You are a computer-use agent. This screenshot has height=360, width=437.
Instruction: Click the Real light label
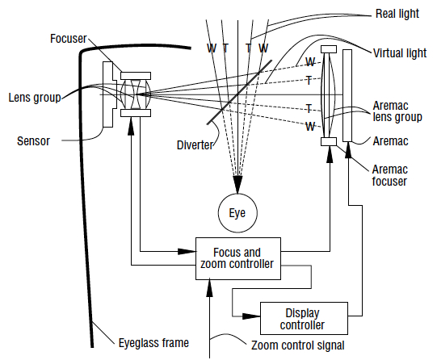pyautogui.click(x=397, y=14)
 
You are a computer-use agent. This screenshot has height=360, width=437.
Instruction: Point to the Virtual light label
pyautogui.click(x=400, y=53)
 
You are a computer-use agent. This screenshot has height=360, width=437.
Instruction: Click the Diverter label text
pyautogui.click(x=195, y=145)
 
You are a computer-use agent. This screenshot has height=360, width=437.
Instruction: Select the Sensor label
pyautogui.click(x=33, y=141)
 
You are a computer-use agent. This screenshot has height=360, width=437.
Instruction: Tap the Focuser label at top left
pyautogui.click(x=69, y=39)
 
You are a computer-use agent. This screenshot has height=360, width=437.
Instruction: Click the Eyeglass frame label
pyautogui.click(x=153, y=343)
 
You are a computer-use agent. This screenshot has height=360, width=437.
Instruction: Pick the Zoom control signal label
pyautogui.click(x=297, y=345)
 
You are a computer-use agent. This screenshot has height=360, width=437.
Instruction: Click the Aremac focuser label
pyautogui.click(x=389, y=175)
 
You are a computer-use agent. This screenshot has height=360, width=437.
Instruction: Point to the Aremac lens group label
pyautogui.click(x=397, y=111)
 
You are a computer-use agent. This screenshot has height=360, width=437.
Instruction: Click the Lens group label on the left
pyautogui.click(x=35, y=98)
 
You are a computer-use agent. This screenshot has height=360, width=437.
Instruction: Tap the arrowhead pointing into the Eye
pyautogui.click(x=237, y=184)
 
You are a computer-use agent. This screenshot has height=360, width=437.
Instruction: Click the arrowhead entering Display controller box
pyautogui.click(x=251, y=316)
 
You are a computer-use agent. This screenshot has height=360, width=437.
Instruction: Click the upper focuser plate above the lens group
pyautogui.click(x=136, y=76)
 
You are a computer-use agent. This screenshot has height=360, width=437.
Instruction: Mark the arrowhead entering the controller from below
pyautogui.click(x=209, y=287)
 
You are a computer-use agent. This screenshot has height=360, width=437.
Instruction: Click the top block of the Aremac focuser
pyautogui.click(x=329, y=49)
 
